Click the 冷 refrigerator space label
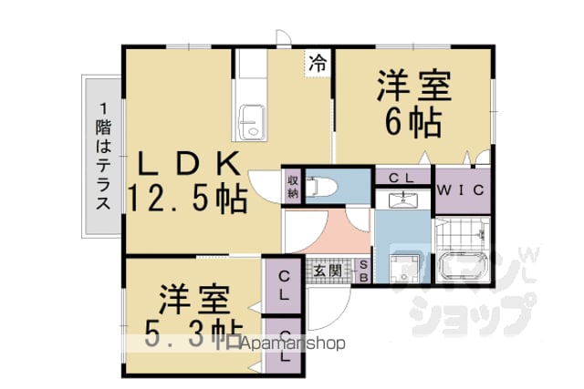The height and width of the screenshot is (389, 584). point(318,63)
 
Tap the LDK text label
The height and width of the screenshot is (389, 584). point(190,164)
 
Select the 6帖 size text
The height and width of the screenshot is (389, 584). point(413,123)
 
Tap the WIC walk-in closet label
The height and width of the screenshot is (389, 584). point(461,190)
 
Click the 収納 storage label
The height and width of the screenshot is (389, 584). point(293,187)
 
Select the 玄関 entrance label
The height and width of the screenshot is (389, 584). point(328,271)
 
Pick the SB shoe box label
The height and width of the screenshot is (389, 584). point(364,271)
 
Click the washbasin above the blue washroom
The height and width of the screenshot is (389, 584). point(403,200)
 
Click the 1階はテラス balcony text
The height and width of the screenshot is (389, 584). point(103,156)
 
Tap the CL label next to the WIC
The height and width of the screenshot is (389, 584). point(401,178)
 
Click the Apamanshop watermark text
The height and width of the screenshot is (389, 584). point(293,343)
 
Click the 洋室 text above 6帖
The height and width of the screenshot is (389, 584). point(414,86)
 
